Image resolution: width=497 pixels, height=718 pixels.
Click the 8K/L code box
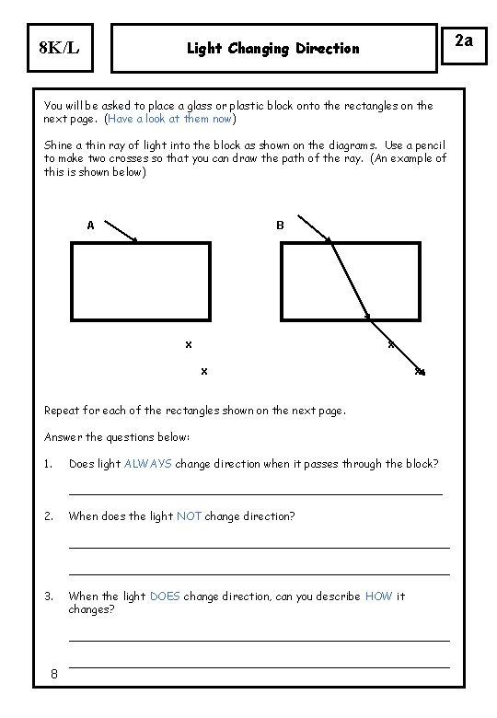[56, 48]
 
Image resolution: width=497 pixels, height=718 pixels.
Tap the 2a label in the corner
[463, 41]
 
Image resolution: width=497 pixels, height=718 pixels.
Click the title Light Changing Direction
[273, 48]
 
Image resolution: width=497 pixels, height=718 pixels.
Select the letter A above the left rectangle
[90, 225]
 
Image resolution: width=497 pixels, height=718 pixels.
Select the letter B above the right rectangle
[280, 225]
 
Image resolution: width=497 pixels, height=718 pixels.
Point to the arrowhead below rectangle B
[422, 373]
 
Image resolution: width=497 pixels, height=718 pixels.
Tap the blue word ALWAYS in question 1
[147, 463]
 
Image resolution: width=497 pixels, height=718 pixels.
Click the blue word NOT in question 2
[189, 515]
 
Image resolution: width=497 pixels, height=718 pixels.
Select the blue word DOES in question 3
[165, 596]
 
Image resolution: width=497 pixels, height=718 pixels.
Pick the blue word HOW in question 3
[378, 596]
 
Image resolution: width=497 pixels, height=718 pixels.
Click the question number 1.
[48, 463]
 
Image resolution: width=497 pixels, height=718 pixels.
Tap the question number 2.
[48, 515]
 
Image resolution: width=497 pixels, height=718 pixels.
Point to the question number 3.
[48, 596]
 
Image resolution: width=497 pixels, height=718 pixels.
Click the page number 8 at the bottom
[54, 674]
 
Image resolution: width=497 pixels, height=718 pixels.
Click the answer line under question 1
[256, 494]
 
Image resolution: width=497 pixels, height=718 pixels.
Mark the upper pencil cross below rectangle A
[188, 344]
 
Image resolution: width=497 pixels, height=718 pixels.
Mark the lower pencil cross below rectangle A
[203, 371]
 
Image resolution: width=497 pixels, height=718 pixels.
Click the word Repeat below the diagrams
[63, 411]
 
